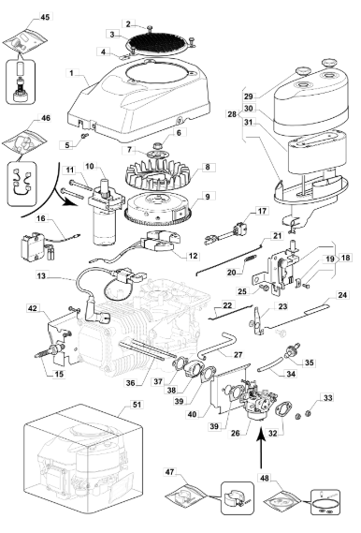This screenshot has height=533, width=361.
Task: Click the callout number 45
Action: coord(45,16)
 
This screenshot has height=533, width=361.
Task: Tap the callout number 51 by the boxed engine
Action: coord(137,405)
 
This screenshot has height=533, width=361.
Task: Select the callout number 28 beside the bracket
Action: coord(232,114)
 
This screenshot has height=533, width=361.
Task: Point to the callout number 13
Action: coord(41,275)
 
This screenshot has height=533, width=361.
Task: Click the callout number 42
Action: coord(33,308)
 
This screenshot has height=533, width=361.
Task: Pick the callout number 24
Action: coord(342,294)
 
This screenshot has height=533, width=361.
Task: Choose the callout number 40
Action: coord(192,414)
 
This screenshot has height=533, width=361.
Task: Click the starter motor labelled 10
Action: coord(104,214)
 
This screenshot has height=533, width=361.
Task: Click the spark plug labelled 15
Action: coord(51,350)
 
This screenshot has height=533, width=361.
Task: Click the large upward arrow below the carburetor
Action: coord(261,449)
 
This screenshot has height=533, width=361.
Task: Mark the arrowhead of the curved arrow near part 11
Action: coord(69,201)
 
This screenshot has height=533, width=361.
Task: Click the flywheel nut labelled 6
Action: coord(157,146)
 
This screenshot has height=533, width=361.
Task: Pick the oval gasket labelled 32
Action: coord(282,409)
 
